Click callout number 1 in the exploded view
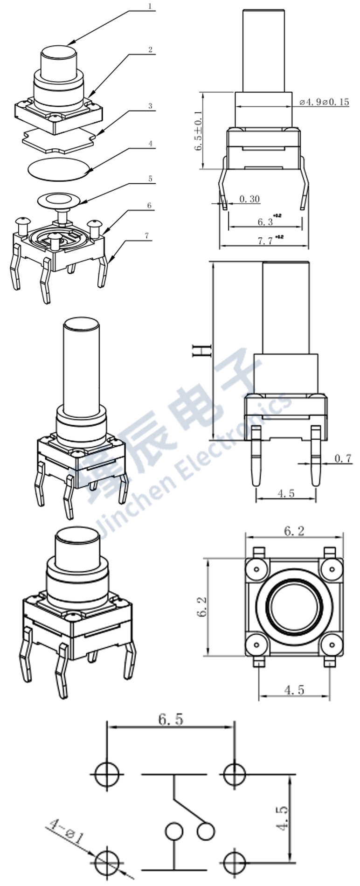[x=150, y=7]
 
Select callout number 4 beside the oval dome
[x=150, y=144]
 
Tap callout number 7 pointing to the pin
[x=147, y=236]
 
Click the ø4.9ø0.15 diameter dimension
[x=324, y=102]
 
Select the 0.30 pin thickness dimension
[x=249, y=199]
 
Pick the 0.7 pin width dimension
[x=343, y=458]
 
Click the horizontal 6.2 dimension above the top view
[x=294, y=531]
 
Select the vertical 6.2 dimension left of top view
[x=202, y=606]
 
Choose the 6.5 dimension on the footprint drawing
[x=171, y=720]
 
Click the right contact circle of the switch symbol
[x=205, y=831]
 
